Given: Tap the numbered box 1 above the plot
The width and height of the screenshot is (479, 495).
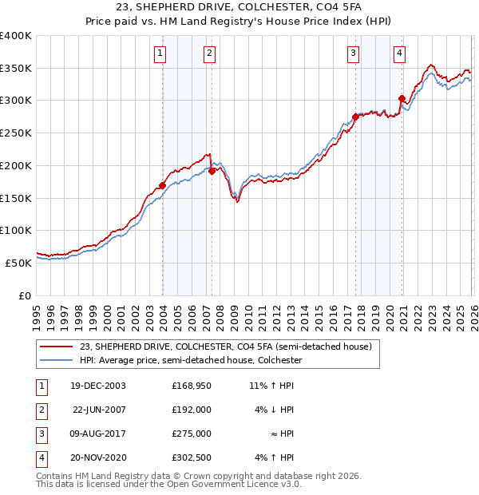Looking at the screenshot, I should (160, 53).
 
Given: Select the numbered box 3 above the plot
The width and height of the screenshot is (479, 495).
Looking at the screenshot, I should (353, 53).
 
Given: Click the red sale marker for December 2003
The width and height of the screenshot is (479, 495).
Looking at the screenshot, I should (163, 185).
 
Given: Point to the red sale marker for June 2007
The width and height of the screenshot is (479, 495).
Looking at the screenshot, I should (212, 170).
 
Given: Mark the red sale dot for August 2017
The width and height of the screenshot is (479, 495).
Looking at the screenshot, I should (354, 117).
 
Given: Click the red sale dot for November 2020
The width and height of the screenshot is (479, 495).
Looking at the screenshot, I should (402, 99).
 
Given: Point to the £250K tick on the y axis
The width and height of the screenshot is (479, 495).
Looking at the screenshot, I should (16, 133).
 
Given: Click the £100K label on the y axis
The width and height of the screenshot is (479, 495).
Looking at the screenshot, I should (16, 230).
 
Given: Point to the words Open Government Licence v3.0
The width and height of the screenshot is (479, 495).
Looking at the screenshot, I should (236, 484).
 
